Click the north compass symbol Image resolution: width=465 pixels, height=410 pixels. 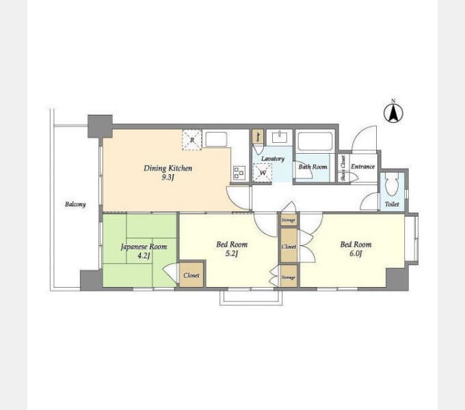pyautogui.click(x=393, y=112)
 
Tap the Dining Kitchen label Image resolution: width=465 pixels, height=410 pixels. pyautogui.click(x=168, y=168)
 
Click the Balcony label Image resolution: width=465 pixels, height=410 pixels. pyautogui.click(x=75, y=204)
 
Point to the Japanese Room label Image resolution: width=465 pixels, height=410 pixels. pyautogui.click(x=144, y=247)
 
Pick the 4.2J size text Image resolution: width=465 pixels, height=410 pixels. pyautogui.click(x=144, y=256)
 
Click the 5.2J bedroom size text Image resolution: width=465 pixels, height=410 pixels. pyautogui.click(x=232, y=254)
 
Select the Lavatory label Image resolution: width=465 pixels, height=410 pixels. pyautogui.click(x=272, y=159)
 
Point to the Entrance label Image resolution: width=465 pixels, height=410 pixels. pyautogui.click(x=362, y=167)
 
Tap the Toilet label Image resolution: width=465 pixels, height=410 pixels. pyautogui.click(x=392, y=204)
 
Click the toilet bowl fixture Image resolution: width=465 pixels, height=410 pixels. pyautogui.click(x=392, y=187)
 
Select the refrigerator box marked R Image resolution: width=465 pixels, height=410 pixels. pyautogui.click(x=192, y=140)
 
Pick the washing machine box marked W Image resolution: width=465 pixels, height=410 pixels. pyautogui.click(x=262, y=174)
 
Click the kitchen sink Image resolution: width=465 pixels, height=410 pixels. pyautogui.click(x=215, y=139)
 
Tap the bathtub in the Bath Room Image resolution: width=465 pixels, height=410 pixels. pyautogui.click(x=315, y=141)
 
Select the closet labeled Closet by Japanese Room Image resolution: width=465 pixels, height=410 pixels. pyautogui.click(x=191, y=275)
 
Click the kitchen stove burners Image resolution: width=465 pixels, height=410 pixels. pyautogui.click(x=239, y=174)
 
